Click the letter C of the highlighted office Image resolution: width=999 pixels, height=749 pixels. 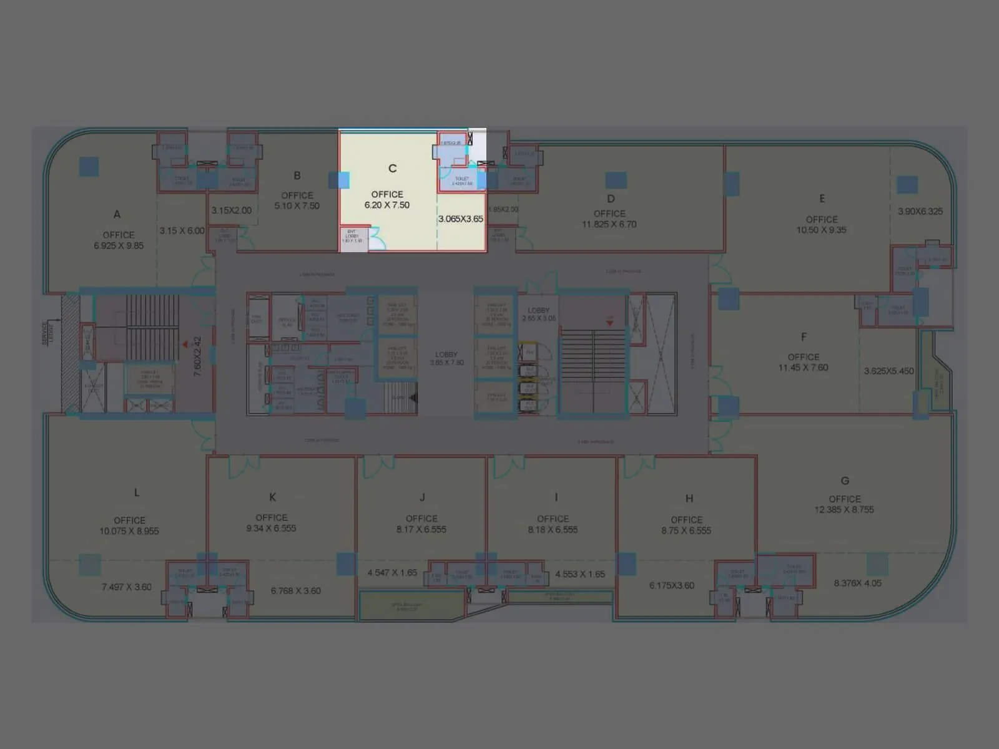point(392,169)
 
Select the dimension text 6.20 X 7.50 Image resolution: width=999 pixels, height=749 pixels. point(387,205)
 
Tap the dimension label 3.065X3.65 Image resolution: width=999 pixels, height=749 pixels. point(461,219)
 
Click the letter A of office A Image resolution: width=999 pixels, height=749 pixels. point(117,214)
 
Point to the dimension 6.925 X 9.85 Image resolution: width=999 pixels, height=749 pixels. point(119,246)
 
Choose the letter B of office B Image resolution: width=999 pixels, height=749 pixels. point(297,175)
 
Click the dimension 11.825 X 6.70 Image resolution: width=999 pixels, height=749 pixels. point(609,225)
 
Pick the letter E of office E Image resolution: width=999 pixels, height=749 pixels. point(822,198)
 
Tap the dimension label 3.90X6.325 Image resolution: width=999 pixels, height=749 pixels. point(920,212)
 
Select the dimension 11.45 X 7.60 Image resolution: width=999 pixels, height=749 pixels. point(803,368)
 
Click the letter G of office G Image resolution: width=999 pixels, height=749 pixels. point(845,481)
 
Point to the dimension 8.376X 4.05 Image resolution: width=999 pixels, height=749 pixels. point(858,584)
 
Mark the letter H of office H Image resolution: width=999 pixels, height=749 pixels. point(689,498)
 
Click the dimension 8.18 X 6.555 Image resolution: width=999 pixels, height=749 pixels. point(553,530)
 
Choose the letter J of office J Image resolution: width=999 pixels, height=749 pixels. point(422,497)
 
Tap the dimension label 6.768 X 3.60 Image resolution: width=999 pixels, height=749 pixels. point(296,591)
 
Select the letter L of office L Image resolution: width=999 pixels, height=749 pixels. point(137,492)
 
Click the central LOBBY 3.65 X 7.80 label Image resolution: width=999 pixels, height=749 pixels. point(446,358)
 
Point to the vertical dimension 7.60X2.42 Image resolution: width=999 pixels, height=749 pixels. point(197,356)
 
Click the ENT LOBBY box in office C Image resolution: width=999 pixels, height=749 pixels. point(352,237)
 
